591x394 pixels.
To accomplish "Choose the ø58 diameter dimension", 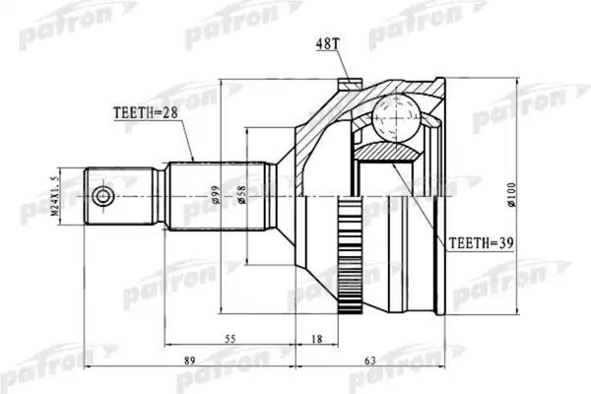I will point(244,198).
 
